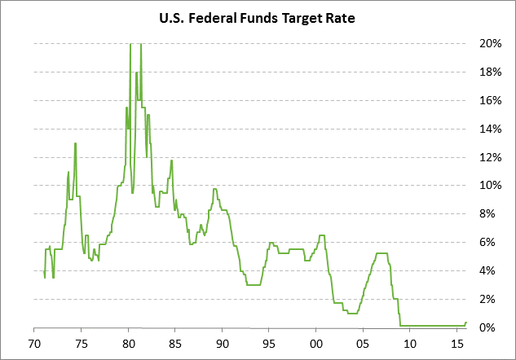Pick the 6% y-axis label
point(490,243)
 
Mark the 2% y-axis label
point(490,299)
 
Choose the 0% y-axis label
point(490,327)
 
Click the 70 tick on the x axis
point(35,343)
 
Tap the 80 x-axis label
point(129,343)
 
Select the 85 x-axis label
point(175,343)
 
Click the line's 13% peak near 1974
point(76,144)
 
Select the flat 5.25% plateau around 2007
point(381,253)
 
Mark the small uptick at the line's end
point(465,323)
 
